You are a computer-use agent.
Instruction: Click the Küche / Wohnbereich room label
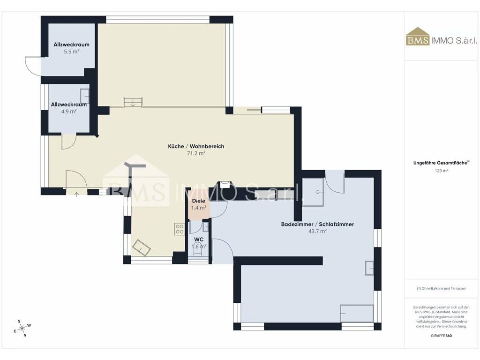pos(196,146)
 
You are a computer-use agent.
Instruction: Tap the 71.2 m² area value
pos(196,153)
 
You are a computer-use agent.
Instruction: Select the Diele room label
pos(198,201)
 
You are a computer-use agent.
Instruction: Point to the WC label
pos(199,240)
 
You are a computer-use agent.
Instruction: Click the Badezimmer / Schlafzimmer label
pos(317,224)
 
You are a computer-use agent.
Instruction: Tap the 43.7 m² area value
pos(317,231)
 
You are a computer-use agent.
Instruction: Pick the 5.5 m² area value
pos(72,52)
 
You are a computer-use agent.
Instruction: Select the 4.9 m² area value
pos(69,112)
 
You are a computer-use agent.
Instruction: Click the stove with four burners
pos(180,229)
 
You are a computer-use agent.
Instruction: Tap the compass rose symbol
pos(22,329)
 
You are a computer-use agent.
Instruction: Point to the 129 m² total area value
pos(442,171)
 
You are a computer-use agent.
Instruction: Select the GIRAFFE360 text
pos(441,336)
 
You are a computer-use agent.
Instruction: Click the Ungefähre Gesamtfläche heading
pos(441,163)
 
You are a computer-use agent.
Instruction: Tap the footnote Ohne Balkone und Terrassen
pos(441,288)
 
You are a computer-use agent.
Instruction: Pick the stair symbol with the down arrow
pos(133,102)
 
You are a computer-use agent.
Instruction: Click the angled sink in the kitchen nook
pos(141,247)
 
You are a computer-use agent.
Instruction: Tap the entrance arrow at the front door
pos(76,194)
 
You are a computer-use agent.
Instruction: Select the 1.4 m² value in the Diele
pos(199,208)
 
